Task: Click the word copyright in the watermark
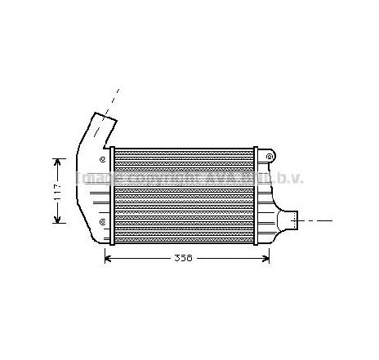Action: (x=156, y=177)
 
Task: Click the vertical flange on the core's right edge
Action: (x=256, y=196)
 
